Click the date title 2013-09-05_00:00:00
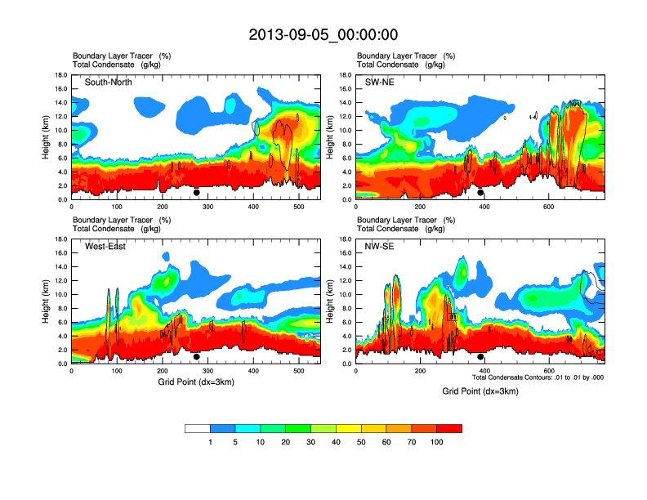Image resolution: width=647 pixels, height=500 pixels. coord(323,34)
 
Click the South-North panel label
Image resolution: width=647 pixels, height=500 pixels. coord(109,83)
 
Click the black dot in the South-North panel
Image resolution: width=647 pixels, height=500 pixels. coord(197,193)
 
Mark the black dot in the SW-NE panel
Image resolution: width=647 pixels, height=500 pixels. coord(480,193)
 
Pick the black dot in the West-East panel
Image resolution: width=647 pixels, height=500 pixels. coord(197,357)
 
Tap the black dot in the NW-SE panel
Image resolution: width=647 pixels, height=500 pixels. coord(480,357)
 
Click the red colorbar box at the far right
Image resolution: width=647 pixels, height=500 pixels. coord(449,428)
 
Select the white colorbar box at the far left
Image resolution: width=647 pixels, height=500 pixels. coord(198,428)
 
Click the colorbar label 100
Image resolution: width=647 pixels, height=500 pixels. coord(437,442)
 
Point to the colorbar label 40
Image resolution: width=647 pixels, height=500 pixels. coord(337,442)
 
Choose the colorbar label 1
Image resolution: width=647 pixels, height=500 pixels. coord(211,442)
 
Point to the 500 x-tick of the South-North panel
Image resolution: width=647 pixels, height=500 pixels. coord(298,207)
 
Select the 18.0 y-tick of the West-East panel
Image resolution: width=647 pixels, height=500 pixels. coord(60,239)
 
